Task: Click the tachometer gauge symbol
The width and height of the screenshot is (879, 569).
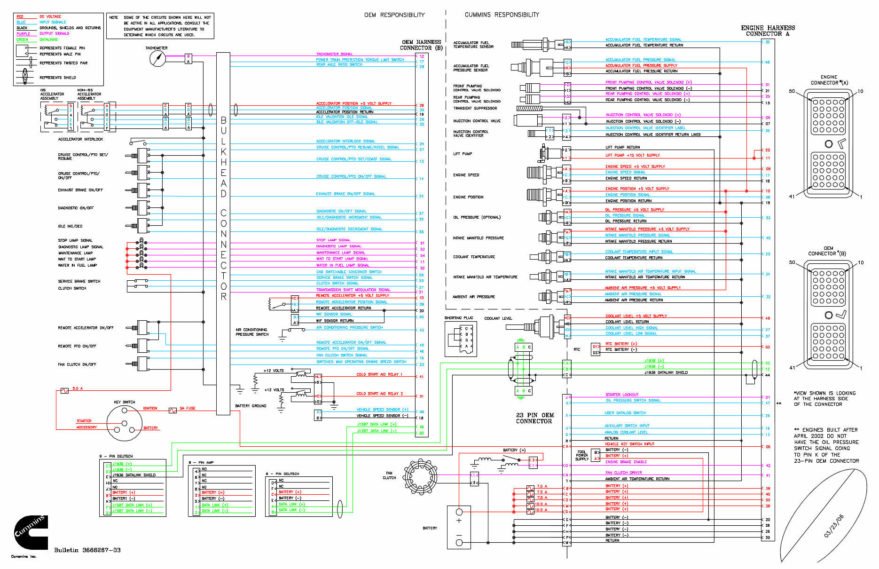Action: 157,58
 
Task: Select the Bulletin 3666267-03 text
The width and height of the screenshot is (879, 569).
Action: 87,550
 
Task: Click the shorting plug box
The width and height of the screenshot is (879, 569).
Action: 461,338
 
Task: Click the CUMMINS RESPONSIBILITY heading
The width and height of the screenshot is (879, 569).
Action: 502,15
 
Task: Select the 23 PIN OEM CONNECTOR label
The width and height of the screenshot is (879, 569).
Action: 534,418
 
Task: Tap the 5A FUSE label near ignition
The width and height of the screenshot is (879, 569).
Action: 188,408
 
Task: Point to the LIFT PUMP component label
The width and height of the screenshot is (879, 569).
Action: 463,154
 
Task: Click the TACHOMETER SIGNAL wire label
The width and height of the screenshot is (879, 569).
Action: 334,54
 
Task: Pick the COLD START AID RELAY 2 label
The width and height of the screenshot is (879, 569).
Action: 379,394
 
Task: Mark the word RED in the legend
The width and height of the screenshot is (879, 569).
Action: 20,16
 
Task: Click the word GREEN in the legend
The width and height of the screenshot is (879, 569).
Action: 22,40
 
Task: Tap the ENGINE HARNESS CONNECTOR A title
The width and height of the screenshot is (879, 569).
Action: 768,31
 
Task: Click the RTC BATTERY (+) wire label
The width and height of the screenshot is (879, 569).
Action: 621,344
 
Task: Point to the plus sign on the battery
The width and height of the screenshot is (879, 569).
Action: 459,521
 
